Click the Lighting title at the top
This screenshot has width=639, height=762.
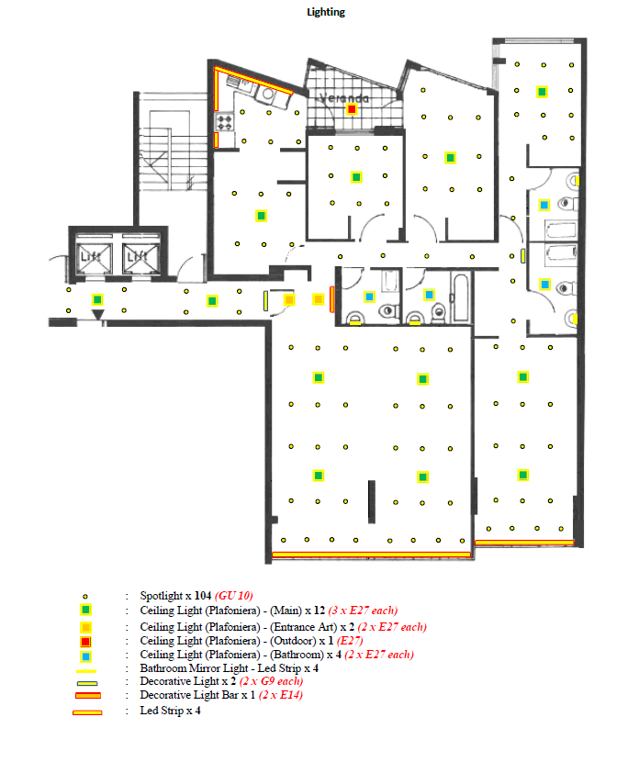click(x=326, y=12)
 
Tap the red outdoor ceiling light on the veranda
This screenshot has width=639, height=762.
click(x=352, y=109)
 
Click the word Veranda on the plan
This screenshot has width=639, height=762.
click(x=344, y=98)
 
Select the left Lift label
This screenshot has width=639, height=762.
click(x=91, y=255)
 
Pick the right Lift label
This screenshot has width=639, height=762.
click(x=138, y=255)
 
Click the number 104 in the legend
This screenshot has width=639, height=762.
click(x=203, y=596)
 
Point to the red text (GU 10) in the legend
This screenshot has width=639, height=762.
click(x=234, y=596)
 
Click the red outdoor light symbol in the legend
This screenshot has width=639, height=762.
click(x=85, y=642)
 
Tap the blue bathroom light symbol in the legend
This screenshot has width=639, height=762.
click(x=86, y=657)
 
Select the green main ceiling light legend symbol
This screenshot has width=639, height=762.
click(x=85, y=610)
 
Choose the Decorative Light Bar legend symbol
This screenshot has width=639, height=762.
click(x=88, y=695)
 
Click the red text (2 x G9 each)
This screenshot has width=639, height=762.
click(x=271, y=681)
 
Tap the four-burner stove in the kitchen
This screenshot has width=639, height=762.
click(x=225, y=122)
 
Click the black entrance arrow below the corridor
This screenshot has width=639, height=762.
click(x=97, y=314)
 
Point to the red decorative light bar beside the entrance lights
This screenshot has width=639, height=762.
click(x=331, y=299)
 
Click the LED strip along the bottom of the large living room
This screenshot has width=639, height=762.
click(x=371, y=555)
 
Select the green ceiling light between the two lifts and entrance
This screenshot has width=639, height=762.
click(x=97, y=299)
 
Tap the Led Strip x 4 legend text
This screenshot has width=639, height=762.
click(x=170, y=711)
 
